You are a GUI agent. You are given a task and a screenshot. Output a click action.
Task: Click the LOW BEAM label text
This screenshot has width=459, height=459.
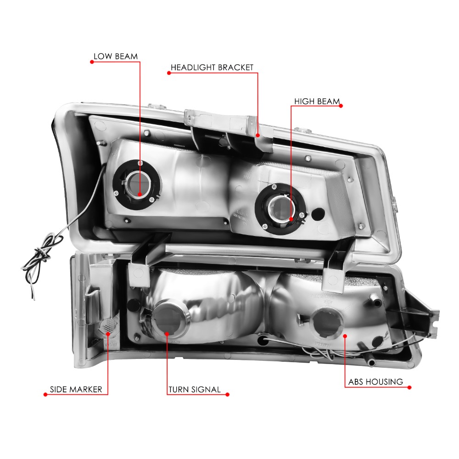116,56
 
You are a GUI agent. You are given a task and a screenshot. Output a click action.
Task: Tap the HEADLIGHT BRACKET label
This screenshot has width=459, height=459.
212,67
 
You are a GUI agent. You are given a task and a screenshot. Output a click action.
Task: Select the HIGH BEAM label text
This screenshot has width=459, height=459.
317,101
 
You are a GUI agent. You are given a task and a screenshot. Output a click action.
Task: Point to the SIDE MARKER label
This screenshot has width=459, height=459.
76,389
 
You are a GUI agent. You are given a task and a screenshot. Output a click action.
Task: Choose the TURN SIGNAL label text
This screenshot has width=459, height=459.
194,389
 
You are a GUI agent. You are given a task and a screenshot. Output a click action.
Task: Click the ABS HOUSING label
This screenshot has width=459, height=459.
375,382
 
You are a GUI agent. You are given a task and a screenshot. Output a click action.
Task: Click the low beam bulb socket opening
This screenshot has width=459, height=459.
137,185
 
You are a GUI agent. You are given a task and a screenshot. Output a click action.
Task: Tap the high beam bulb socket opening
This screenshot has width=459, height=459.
280,208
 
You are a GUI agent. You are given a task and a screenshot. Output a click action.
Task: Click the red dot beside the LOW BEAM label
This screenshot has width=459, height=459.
92,62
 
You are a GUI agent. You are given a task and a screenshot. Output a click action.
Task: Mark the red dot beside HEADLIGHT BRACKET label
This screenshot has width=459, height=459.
169,73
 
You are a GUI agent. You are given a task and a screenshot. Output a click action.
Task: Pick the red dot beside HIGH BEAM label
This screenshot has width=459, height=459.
341,106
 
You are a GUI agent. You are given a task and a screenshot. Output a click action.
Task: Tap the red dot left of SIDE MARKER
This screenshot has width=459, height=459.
45,395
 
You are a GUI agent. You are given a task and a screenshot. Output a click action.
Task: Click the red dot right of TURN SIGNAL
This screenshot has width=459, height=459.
228,395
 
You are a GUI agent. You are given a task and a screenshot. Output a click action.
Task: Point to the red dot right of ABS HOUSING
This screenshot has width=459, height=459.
409,387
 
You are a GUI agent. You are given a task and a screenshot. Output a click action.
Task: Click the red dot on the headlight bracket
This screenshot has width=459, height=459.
257,135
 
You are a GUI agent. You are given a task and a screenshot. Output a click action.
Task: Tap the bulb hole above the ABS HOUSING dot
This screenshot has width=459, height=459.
327,322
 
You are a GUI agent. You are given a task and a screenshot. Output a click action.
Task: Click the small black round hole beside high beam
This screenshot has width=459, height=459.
318,214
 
